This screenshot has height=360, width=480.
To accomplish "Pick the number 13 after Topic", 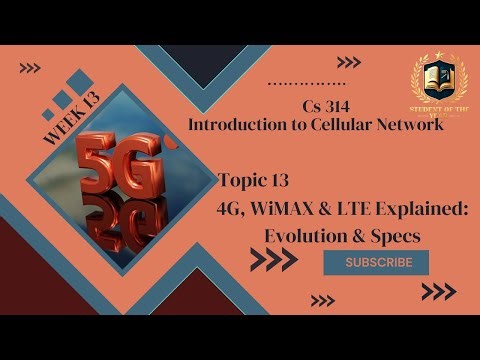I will (279, 180).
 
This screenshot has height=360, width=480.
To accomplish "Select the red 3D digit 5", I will (98, 164).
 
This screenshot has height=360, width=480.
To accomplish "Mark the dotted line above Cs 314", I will (308, 82).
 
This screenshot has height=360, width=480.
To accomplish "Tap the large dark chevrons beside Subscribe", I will (273, 260).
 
